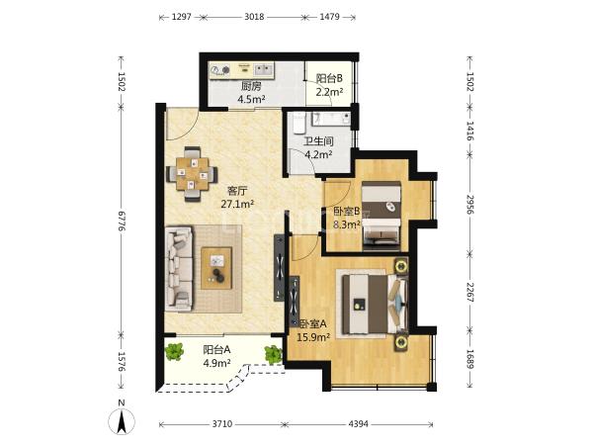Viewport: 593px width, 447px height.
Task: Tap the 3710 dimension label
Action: (221, 424)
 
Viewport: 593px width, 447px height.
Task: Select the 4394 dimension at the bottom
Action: (358, 424)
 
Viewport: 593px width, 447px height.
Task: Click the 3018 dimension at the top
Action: (254, 17)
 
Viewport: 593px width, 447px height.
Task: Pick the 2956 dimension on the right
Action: (470, 205)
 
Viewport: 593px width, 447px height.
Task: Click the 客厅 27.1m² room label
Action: (237, 197)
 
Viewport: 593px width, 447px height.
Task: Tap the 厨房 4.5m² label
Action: (251, 93)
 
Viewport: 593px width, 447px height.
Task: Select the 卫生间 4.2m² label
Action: (319, 148)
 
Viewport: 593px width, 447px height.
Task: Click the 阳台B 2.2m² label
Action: (329, 85)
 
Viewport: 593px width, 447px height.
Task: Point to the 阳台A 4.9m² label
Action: (216, 356)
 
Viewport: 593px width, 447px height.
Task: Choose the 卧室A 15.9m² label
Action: (313, 330)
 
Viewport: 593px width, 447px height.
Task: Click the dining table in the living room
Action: (193, 174)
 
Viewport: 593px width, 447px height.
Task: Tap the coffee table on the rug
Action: (216, 268)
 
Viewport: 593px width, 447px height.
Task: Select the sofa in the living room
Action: (179, 268)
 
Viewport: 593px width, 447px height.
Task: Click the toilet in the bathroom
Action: (298, 123)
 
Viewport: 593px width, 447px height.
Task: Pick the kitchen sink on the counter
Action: (264, 69)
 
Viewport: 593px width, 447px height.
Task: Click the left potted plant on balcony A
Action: (174, 352)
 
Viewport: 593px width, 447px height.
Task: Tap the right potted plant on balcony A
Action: (273, 355)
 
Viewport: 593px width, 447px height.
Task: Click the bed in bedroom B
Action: (381, 216)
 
